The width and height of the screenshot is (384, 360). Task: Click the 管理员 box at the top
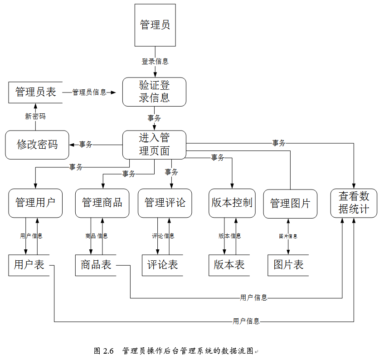pyautogui.click(x=155, y=25)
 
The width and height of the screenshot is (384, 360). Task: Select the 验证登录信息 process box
pyautogui.click(x=154, y=92)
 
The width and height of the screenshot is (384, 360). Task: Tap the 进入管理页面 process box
pyautogui.click(x=154, y=145)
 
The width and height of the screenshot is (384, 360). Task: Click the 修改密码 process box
pyautogui.click(x=37, y=145)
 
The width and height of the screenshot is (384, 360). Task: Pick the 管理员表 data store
pyautogui.click(x=35, y=92)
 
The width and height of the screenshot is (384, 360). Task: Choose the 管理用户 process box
pyautogui.click(x=35, y=203)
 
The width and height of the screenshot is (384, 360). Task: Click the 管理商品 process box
pyautogui.click(x=102, y=203)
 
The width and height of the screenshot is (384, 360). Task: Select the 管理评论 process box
pyautogui.click(x=165, y=203)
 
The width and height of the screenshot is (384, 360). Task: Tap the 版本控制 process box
pyautogui.click(x=232, y=203)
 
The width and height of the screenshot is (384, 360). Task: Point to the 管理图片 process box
pyautogui.click(x=290, y=204)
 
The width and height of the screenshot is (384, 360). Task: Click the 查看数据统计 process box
pyautogui.click(x=354, y=203)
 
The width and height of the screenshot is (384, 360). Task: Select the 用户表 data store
pyautogui.click(x=29, y=265)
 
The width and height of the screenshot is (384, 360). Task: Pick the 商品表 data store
pyautogui.click(x=96, y=265)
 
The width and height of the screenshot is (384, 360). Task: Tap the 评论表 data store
pyautogui.click(x=162, y=265)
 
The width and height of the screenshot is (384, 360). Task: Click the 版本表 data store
pyautogui.click(x=229, y=265)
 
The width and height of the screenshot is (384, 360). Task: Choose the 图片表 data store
pyautogui.click(x=288, y=265)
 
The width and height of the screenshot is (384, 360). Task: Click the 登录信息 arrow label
pyautogui.click(x=155, y=61)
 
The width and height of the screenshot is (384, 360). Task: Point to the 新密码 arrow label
pyautogui.click(x=35, y=117)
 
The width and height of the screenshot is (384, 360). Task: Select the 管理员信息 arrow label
pyautogui.click(x=89, y=92)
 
